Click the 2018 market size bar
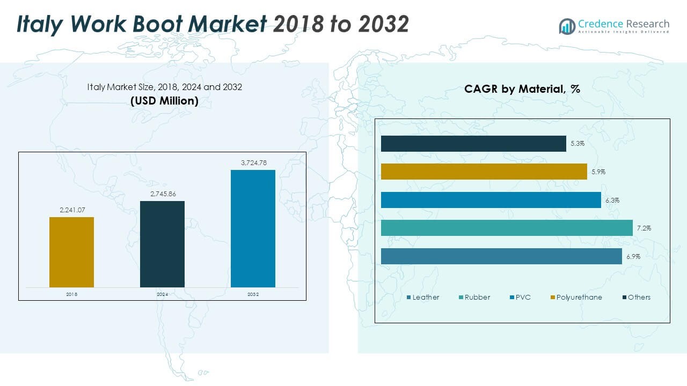pos(71,252)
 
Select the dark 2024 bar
pos(162,244)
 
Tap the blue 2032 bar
pos(253,228)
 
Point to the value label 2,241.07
pos(71,210)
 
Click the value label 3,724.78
pos(253,162)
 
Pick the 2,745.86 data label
pos(162,194)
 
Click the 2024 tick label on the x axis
pos(162,294)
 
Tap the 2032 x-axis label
pos(253,294)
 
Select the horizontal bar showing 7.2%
pos(507,228)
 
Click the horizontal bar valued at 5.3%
pos(473,144)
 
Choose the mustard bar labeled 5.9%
pos(484,172)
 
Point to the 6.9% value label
pos(633,256)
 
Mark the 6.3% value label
pos(612,200)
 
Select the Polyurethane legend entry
pos(575,297)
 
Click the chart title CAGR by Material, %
pos(522,90)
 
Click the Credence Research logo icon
pos(567,26)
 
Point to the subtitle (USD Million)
pos(164,101)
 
